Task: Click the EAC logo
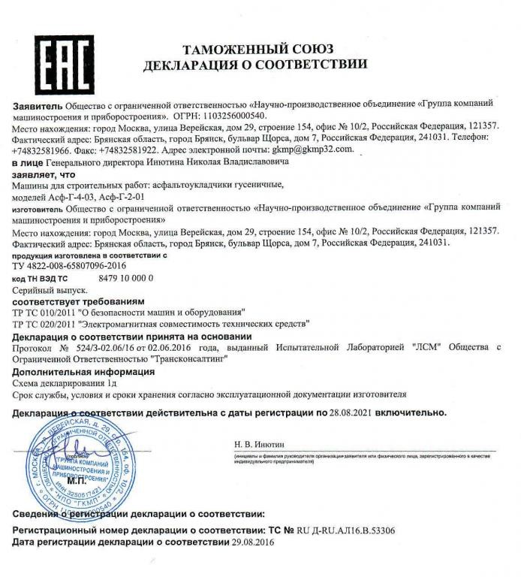(53, 59)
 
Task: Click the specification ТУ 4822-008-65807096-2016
(70, 266)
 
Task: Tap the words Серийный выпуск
(50, 288)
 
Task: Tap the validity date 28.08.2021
(352, 412)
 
